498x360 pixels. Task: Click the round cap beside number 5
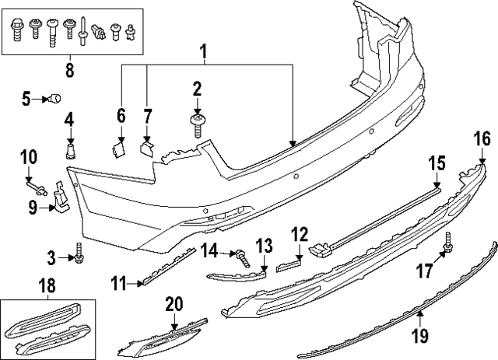(x=55, y=99)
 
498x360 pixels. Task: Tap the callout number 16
(x=482, y=139)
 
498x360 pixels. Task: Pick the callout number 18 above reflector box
(x=46, y=288)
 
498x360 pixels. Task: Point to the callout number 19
(x=420, y=336)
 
